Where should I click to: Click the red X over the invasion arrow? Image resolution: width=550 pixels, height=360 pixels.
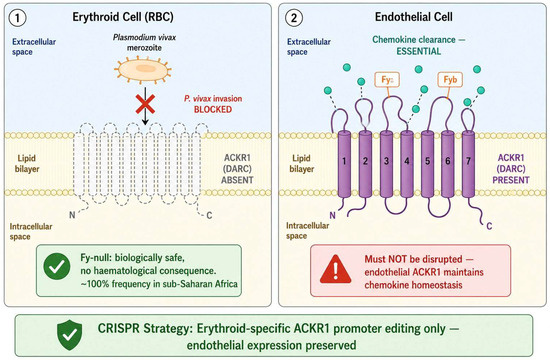tap(145, 104)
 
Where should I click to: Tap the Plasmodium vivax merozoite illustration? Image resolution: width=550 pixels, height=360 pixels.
tap(143, 69)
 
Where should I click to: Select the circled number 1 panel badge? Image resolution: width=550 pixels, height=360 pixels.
tap(17, 18)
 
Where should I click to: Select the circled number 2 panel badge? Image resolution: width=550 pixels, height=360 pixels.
tap(294, 18)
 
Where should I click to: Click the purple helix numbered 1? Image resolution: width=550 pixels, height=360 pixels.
tap(344, 164)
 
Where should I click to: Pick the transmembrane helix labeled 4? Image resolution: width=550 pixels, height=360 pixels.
tap(407, 164)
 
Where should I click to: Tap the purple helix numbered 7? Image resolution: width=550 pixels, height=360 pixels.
tap(468, 164)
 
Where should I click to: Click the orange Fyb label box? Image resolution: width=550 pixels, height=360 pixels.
tap(450, 80)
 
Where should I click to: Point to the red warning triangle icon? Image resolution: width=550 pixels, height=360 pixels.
tap(336, 269)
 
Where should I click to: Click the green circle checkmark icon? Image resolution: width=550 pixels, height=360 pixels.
tap(57, 266)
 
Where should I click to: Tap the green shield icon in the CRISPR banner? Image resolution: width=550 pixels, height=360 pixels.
tap(70, 335)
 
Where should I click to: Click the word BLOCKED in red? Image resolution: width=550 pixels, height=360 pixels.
tap(213, 109)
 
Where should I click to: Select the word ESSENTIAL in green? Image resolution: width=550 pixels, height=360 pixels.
tap(418, 51)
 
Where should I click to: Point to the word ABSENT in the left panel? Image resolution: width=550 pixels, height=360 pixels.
tap(237, 180)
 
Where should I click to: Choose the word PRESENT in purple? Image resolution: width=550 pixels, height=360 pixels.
tap(511, 180)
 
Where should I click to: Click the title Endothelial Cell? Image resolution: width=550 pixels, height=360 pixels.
tap(414, 17)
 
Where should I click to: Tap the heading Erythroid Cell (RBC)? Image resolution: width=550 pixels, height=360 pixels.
tap(123, 17)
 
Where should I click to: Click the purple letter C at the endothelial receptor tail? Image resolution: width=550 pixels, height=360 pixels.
tap(489, 226)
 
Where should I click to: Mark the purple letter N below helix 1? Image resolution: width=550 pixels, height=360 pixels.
tap(333, 215)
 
